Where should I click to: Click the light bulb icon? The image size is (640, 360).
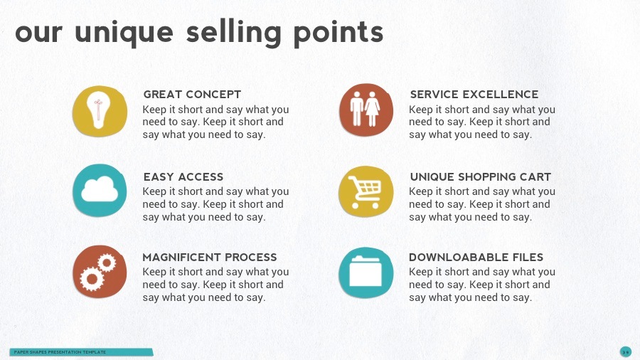pyautogui.click(x=100, y=111)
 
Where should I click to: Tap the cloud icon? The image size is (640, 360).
pyautogui.click(x=100, y=191)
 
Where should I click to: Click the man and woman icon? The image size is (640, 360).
pyautogui.click(x=366, y=110)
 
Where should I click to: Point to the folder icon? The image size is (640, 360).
pyautogui.click(x=366, y=272)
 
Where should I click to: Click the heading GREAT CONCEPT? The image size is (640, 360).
pyautogui.click(x=192, y=94)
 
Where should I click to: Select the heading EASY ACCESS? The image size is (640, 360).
pyautogui.click(x=183, y=176)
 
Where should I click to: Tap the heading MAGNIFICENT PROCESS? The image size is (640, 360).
pyautogui.click(x=210, y=257)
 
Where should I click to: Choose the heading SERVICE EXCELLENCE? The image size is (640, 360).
pyautogui.click(x=474, y=94)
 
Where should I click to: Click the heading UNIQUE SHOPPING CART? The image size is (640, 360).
pyautogui.click(x=481, y=176)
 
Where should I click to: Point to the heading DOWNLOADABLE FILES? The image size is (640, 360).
pyautogui.click(x=476, y=257)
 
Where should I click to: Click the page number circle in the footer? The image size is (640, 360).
pyautogui.click(x=625, y=351)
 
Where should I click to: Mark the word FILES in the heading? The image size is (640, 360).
pyautogui.click(x=526, y=257)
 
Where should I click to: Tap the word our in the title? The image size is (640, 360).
pyautogui.click(x=40, y=33)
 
